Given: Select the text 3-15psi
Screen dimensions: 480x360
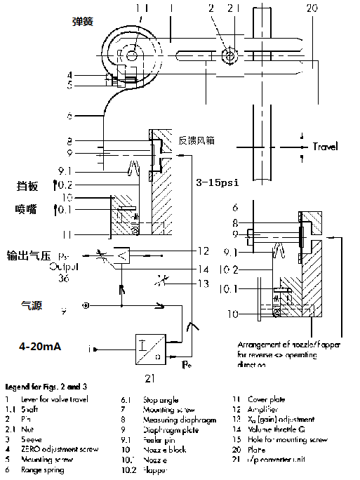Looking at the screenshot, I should point(218,181).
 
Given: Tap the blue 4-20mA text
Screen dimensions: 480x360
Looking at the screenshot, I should point(41,346).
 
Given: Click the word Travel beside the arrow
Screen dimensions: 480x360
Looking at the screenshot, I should point(325,147).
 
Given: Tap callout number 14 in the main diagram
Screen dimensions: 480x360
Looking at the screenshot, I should point(204,269).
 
